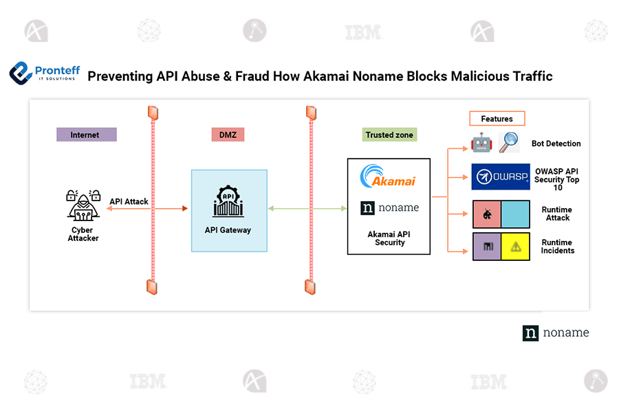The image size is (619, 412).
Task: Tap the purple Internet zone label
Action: tap(86, 135)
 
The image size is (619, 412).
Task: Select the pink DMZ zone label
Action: tap(228, 135)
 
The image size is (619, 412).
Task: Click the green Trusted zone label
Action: tap(389, 135)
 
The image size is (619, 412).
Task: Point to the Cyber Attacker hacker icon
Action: tap(83, 203)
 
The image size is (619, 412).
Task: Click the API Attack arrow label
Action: tap(129, 202)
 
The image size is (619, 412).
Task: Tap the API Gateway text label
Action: tap(228, 230)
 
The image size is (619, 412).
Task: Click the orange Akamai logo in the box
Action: tap(389, 177)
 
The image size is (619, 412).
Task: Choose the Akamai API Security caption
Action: tap(389, 238)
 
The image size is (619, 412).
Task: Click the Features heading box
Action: tap(497, 119)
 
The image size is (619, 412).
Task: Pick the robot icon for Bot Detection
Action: tap(481, 144)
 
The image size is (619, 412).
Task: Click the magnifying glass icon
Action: tap(510, 143)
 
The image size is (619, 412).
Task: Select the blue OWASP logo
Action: tap(501, 176)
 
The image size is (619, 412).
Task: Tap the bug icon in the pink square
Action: tap(486, 215)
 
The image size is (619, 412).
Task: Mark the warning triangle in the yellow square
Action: tap(515, 247)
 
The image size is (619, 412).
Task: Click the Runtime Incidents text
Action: tap(557, 247)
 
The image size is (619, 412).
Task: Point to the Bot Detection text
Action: tap(556, 144)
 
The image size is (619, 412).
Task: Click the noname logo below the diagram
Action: tap(556, 332)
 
